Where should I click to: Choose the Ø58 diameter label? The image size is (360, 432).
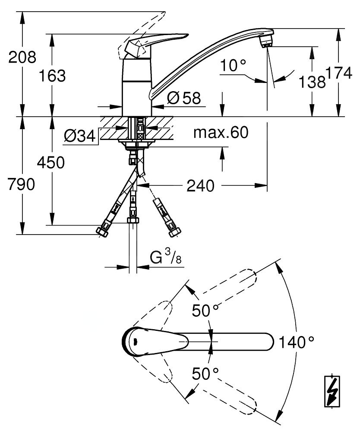click(x=183, y=98)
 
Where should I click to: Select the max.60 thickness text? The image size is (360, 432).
click(x=221, y=133)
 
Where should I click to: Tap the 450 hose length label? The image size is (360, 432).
click(x=51, y=163)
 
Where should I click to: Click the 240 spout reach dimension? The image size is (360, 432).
click(x=200, y=186)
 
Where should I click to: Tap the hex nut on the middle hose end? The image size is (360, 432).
click(x=133, y=221)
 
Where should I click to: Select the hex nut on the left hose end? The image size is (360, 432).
click(x=102, y=232)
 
